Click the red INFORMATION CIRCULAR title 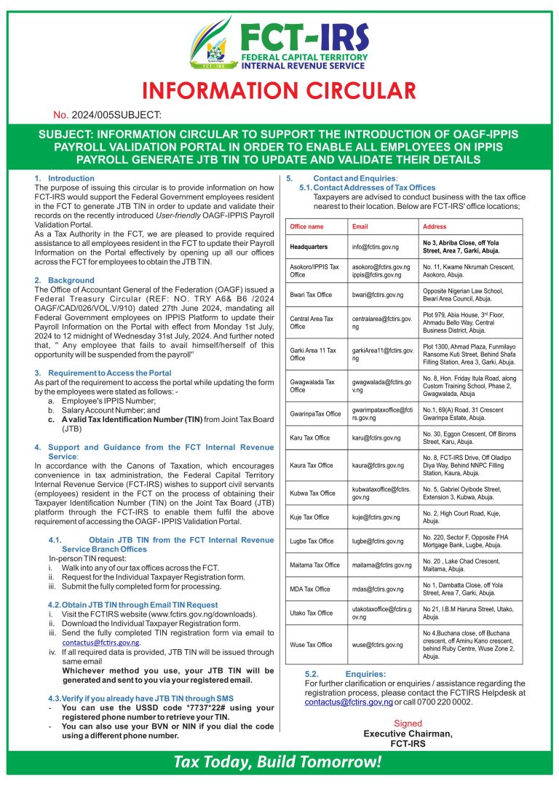point(279,91)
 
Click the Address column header point(435,226)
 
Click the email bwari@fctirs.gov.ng point(377,295)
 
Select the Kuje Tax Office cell point(309,517)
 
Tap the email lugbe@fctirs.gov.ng point(377,541)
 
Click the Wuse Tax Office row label point(311,645)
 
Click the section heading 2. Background point(64,280)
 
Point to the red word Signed point(408,723)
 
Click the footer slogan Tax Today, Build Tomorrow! point(277,762)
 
